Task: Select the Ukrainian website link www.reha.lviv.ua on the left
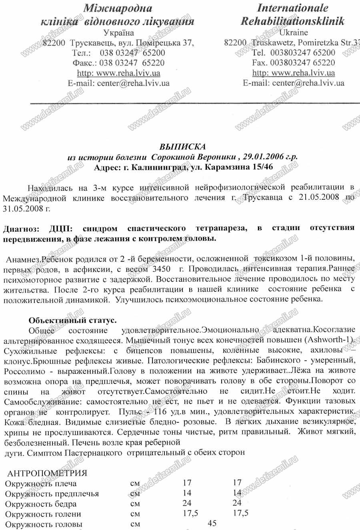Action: pos(118,73)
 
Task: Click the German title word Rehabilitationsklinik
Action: pos(292,22)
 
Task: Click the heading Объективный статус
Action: pos(73,321)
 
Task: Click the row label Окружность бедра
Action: pos(40,504)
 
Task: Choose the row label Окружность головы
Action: pos(44,524)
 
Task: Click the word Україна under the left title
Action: pos(118,33)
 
